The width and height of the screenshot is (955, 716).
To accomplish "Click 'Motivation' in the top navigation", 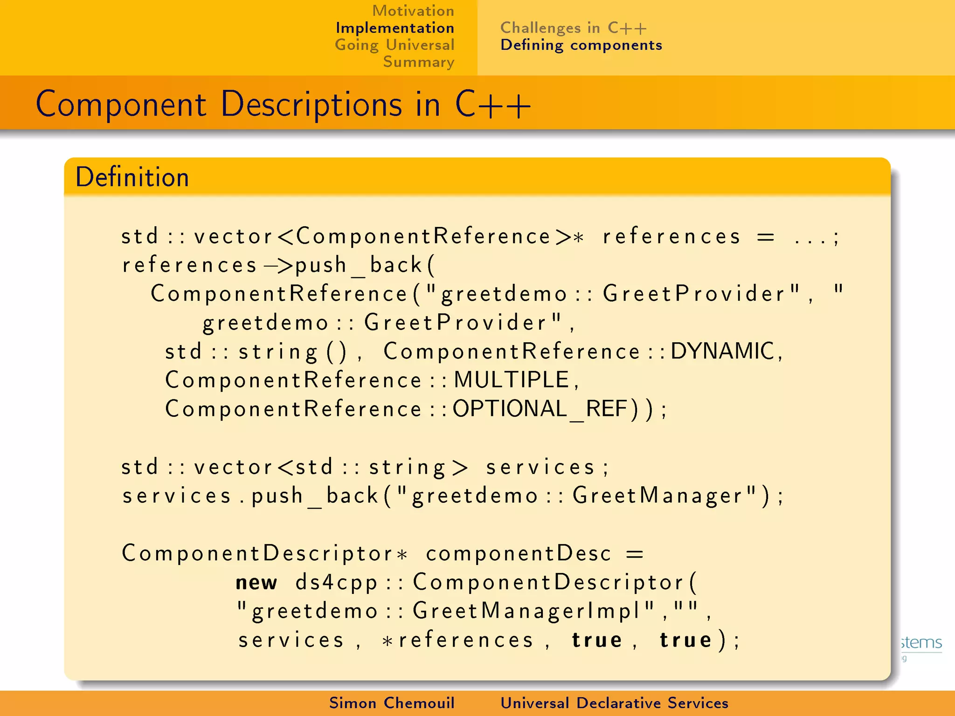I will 413,11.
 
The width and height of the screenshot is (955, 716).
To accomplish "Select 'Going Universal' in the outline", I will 394,45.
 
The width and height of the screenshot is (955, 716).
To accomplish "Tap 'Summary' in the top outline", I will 418,62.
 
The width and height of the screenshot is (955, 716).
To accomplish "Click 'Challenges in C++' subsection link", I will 573,28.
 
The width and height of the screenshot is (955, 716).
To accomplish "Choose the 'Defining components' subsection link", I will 581,45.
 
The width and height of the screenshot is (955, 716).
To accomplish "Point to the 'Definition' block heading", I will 132,177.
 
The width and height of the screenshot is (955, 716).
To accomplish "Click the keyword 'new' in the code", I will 256,582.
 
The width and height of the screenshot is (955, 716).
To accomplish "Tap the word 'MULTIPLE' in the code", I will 512,380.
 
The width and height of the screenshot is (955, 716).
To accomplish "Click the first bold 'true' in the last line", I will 597,640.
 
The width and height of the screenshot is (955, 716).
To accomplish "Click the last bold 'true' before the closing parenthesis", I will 685,640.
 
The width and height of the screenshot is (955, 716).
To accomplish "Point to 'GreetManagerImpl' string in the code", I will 527,611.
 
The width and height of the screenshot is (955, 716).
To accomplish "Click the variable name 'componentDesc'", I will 518,554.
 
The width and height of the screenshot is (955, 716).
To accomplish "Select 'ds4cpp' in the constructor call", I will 336,582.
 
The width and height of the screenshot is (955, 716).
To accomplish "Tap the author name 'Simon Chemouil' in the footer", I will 392,703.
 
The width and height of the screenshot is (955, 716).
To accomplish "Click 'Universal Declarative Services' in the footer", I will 614,703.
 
